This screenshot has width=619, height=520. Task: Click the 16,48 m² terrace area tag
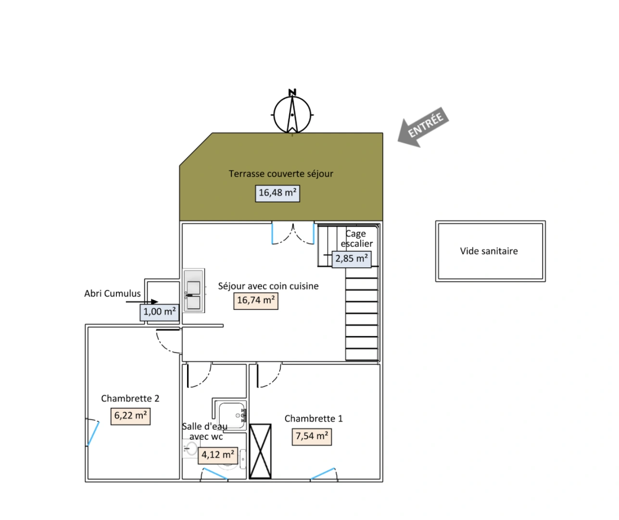pos(278,194)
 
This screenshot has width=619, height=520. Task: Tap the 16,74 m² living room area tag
pos(256,301)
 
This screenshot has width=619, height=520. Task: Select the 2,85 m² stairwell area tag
pos(352,260)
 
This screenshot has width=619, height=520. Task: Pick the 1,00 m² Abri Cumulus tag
pos(160,312)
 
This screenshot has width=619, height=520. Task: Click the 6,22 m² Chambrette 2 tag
pos(130,416)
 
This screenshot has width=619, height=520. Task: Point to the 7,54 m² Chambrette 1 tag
pos(312,437)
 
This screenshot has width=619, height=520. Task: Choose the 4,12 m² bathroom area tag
pos(218,455)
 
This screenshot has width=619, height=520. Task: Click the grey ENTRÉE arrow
pos(423,127)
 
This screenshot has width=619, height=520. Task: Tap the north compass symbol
pos(292,112)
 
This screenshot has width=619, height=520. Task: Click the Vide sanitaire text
pos(489,251)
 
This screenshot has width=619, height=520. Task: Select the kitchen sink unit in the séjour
pos(193,290)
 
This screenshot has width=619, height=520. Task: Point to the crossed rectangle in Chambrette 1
pos(260,451)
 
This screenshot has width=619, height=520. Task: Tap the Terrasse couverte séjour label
pos(281,174)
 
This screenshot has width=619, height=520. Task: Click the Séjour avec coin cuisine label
pos(268,286)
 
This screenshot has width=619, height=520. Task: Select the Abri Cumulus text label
pos(113,294)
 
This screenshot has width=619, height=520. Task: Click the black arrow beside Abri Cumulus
pos(142,302)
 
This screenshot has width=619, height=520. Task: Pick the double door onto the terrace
pos(293,234)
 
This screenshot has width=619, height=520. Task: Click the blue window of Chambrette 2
pos(93,432)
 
